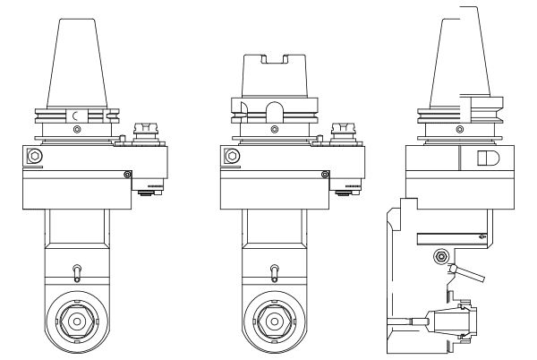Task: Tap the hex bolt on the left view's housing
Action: (x=35, y=157)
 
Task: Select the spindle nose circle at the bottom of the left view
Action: (x=77, y=320)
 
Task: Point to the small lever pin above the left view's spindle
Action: (x=77, y=270)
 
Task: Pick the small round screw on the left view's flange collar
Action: (x=77, y=130)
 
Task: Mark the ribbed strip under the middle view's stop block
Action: (x=353, y=189)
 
